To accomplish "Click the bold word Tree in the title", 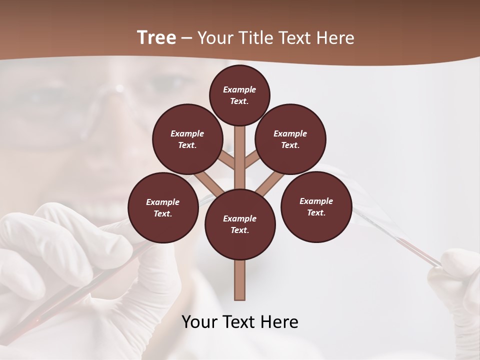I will pyautogui.click(x=156, y=37).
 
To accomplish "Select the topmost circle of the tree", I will pyautogui.click(x=239, y=95).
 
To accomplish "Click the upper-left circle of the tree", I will pyautogui.click(x=187, y=139).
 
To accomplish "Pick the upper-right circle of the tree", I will pyautogui.click(x=290, y=139).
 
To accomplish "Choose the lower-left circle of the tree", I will pyautogui.click(x=163, y=207).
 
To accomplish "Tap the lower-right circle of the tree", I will pyautogui.click(x=316, y=206).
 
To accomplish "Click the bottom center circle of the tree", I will pyautogui.click(x=240, y=224).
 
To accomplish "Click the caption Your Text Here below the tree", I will pyautogui.click(x=240, y=322).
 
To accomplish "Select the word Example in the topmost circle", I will pyautogui.click(x=239, y=89).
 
